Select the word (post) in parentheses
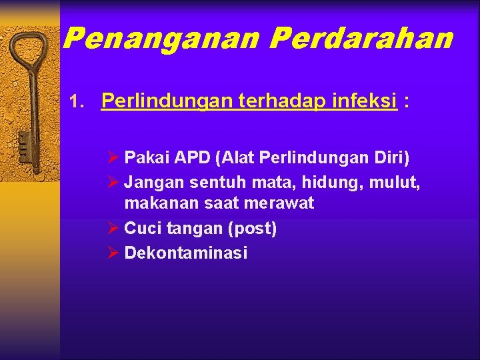point(252,229)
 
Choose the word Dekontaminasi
point(186,253)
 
